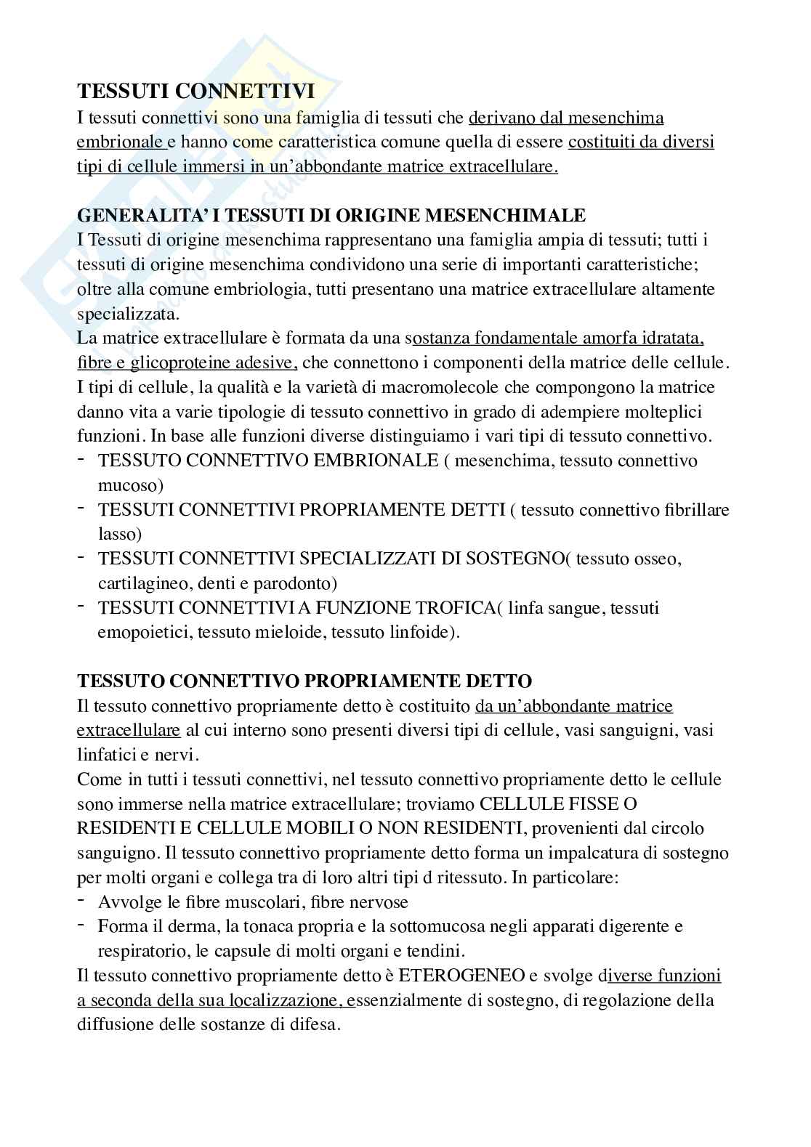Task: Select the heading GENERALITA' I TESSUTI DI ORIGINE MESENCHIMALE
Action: [x=331, y=216]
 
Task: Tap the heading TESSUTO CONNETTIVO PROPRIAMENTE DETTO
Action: [x=304, y=681]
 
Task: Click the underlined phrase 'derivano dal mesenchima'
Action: [x=566, y=118]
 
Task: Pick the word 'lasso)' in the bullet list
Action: [x=120, y=534]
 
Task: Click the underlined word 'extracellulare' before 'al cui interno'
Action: [x=128, y=730]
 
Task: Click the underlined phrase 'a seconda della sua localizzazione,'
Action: [x=216, y=1000]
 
